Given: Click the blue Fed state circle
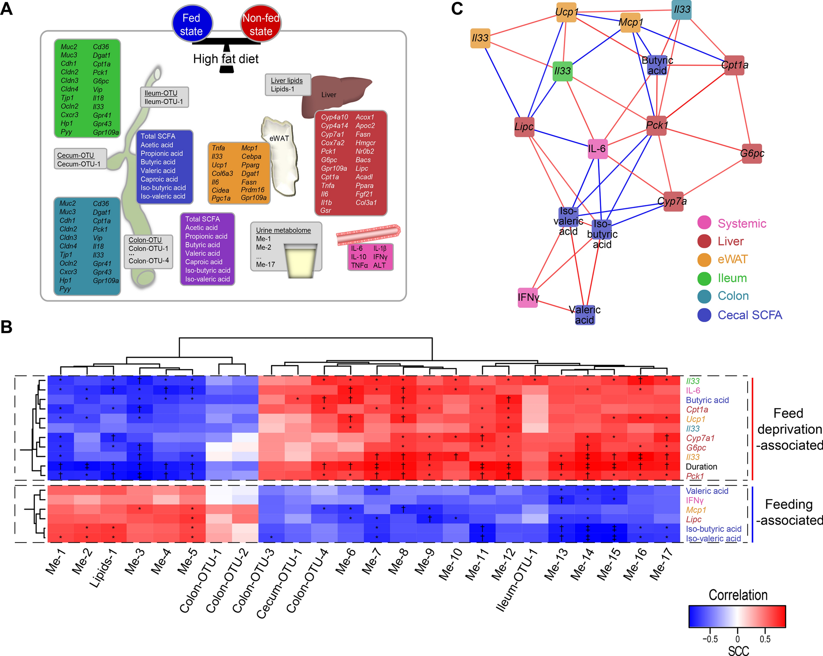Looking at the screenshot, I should [x=192, y=24].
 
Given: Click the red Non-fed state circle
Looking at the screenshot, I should [x=261, y=24].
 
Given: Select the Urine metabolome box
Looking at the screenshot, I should [x=286, y=247].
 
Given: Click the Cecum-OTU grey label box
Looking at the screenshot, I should [x=80, y=159].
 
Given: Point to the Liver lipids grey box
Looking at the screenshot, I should [x=287, y=85].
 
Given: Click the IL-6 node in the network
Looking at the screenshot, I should [x=597, y=149].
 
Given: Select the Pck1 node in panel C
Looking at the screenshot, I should [x=657, y=125].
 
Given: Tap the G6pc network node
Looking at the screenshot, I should [x=752, y=154].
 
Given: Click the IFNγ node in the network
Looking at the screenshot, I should [x=528, y=297].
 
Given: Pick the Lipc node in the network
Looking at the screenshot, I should [x=524, y=127].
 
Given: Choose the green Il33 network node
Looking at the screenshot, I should [x=562, y=71].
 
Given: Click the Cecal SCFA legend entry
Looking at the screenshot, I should [x=749, y=315].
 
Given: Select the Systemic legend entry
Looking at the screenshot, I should [x=741, y=223].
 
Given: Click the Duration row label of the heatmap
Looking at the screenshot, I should [x=701, y=467].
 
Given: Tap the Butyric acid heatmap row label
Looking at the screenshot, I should [x=707, y=400].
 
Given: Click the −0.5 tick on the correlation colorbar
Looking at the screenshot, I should [x=710, y=639].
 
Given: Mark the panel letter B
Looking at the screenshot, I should [x=7, y=327].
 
